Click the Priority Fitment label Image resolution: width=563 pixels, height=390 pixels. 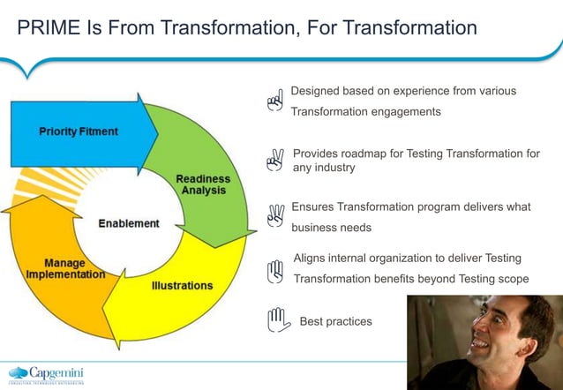click(x=79, y=131)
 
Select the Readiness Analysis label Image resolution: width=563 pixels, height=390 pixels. click(x=202, y=184)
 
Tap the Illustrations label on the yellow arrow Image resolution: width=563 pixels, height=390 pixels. click(x=182, y=286)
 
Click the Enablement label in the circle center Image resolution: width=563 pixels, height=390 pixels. click(x=129, y=223)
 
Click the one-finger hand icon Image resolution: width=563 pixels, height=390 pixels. click(x=275, y=101)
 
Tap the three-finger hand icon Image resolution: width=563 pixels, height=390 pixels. click(x=275, y=214)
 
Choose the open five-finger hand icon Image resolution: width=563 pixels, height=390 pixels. click(x=278, y=319)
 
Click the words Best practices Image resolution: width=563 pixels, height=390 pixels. click(x=335, y=321)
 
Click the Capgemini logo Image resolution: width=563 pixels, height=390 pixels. click(x=49, y=373)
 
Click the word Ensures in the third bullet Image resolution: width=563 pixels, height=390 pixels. click(x=313, y=206)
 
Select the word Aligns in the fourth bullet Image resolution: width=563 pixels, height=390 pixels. click(x=310, y=258)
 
